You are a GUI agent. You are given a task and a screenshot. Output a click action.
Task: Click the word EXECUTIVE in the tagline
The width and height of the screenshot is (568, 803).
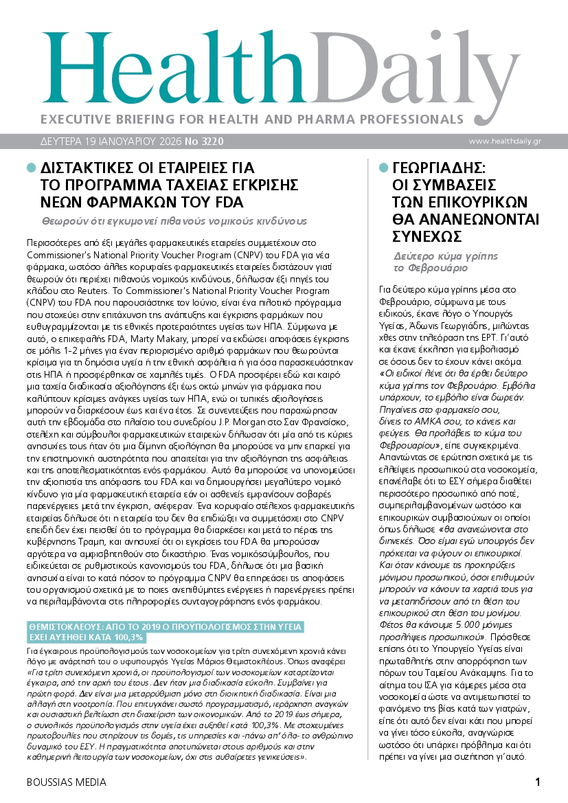pos(75,119)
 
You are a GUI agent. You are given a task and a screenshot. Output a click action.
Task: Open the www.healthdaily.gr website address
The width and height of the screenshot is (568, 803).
pos(514,142)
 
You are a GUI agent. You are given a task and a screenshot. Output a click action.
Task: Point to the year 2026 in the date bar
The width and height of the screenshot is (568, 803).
pos(164,142)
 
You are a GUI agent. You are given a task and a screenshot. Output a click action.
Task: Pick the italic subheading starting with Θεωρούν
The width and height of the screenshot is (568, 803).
pos(174,220)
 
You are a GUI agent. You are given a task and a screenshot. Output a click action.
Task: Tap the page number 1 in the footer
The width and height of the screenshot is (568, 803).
pos(538,782)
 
